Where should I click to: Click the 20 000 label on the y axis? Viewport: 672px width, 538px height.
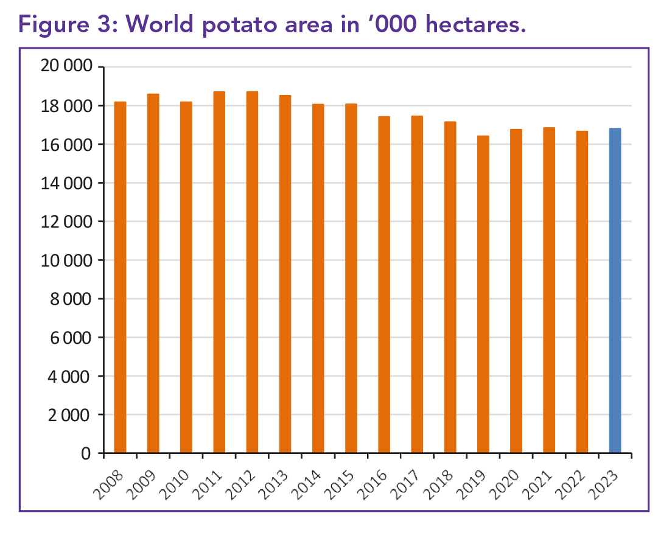(x=65, y=67)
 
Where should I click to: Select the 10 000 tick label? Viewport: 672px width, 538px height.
(x=65, y=260)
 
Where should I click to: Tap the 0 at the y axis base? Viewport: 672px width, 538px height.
(x=86, y=453)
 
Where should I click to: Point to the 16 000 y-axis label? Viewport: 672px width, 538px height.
(x=65, y=144)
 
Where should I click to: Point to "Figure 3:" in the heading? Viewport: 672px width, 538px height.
(x=69, y=25)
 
